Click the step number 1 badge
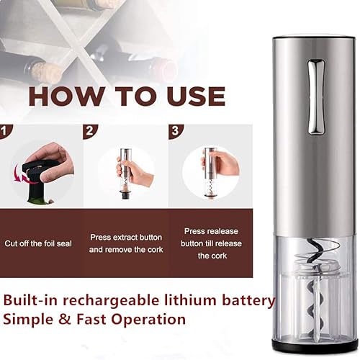(6, 132)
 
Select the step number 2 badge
(90, 132)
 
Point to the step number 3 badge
(175, 132)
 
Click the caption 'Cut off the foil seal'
(38, 243)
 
